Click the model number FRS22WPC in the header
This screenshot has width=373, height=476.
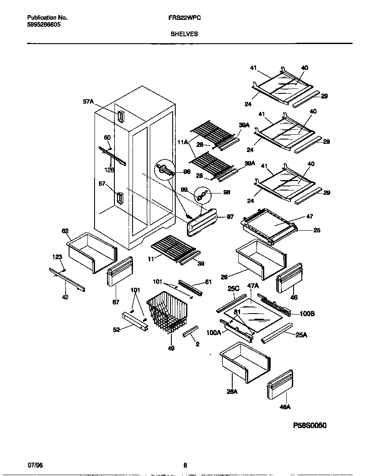pos(184,18)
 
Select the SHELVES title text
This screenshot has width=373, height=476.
pos(184,34)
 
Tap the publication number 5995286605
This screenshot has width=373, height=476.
pos(44,25)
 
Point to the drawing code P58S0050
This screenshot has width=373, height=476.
pos(310,425)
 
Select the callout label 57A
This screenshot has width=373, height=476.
pos(88,102)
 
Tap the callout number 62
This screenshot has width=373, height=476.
pos(65,231)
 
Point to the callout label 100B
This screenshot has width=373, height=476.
pos(307,314)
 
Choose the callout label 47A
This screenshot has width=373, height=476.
pos(253,286)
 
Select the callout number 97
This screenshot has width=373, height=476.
pos(230,217)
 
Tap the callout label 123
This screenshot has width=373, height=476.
pos(57,257)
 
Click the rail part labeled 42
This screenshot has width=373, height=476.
pos(67,281)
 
